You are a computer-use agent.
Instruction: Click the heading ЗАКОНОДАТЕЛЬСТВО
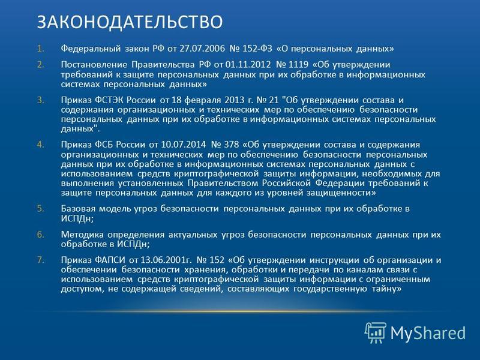130,22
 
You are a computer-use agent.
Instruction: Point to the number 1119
298,65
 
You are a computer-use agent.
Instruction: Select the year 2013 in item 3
235,100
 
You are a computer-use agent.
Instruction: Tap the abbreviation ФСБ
104,145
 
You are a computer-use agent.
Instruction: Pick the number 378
232,145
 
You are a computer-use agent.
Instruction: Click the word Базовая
79,209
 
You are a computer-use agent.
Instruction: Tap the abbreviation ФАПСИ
110,260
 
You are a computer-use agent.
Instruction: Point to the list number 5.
41,209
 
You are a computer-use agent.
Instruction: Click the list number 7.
41,260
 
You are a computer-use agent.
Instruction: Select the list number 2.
41,65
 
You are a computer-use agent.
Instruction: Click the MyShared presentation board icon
376,332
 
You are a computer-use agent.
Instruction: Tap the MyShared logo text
428,333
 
